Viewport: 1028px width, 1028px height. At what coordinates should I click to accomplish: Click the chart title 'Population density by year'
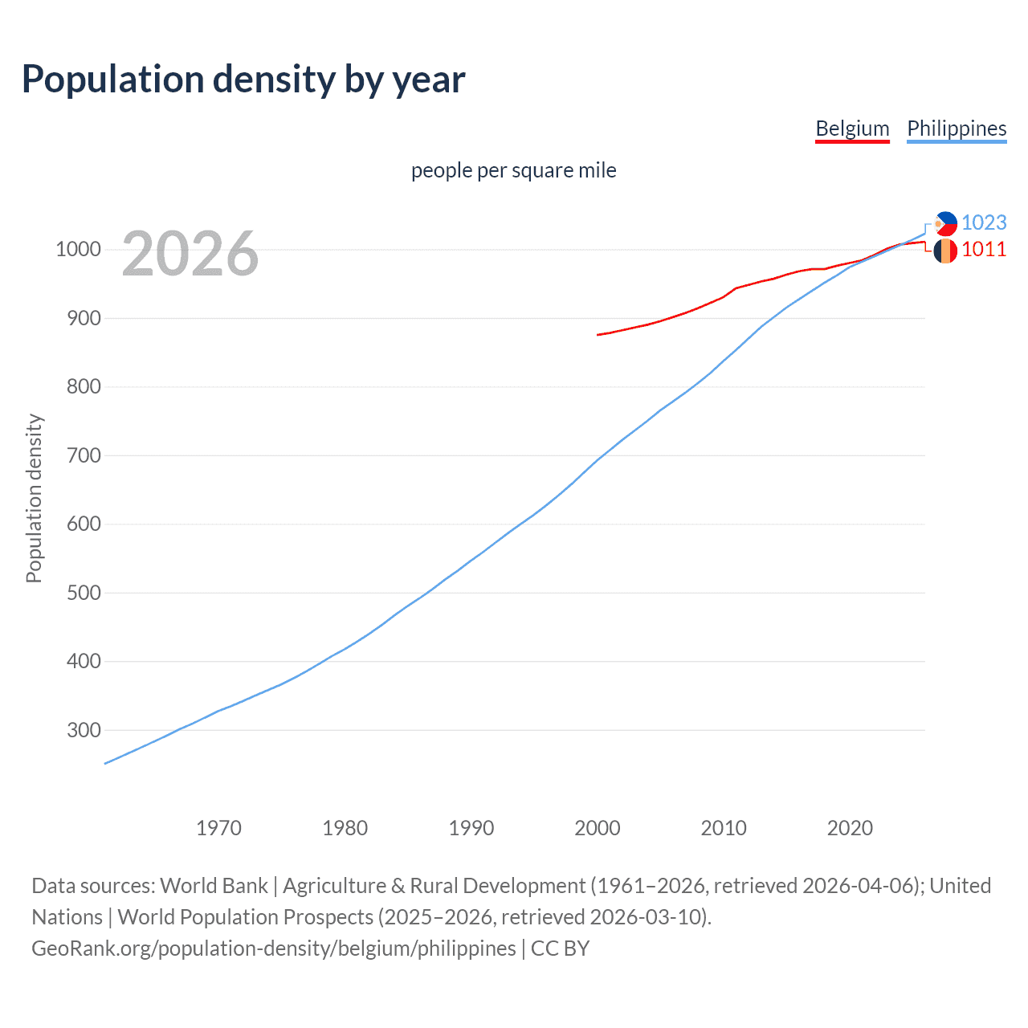tap(243, 80)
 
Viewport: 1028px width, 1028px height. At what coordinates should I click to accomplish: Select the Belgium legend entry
tap(852, 128)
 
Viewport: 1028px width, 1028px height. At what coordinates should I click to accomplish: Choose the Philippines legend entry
tap(957, 128)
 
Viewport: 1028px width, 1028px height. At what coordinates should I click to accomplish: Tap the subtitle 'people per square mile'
tap(513, 170)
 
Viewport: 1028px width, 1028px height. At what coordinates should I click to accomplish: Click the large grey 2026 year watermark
tap(190, 254)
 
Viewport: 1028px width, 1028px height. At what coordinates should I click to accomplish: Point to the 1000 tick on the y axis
tap(78, 250)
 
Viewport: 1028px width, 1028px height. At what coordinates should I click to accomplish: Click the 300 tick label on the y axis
tap(84, 730)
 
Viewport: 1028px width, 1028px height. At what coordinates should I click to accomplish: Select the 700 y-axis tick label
tap(84, 455)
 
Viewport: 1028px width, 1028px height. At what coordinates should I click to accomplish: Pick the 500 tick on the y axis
tap(84, 593)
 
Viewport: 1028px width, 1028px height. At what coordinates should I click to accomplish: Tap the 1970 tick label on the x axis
tap(218, 828)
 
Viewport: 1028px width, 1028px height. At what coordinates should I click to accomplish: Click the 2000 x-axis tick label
tap(598, 828)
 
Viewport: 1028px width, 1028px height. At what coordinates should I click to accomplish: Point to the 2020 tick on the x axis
tap(850, 828)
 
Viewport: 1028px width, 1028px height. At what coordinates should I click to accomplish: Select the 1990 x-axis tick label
tap(471, 828)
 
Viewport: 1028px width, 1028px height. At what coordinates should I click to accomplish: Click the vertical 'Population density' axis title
tap(34, 498)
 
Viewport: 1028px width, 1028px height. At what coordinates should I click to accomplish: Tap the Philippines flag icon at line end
tap(945, 223)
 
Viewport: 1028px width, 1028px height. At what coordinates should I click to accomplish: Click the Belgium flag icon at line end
tap(945, 251)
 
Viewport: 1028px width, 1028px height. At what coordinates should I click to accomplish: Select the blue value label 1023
tap(984, 222)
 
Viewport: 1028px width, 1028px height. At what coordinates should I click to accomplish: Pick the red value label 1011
tap(984, 250)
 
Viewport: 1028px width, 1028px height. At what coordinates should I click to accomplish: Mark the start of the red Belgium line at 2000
tap(598, 334)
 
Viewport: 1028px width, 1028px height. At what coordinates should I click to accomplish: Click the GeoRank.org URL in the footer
tap(274, 948)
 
